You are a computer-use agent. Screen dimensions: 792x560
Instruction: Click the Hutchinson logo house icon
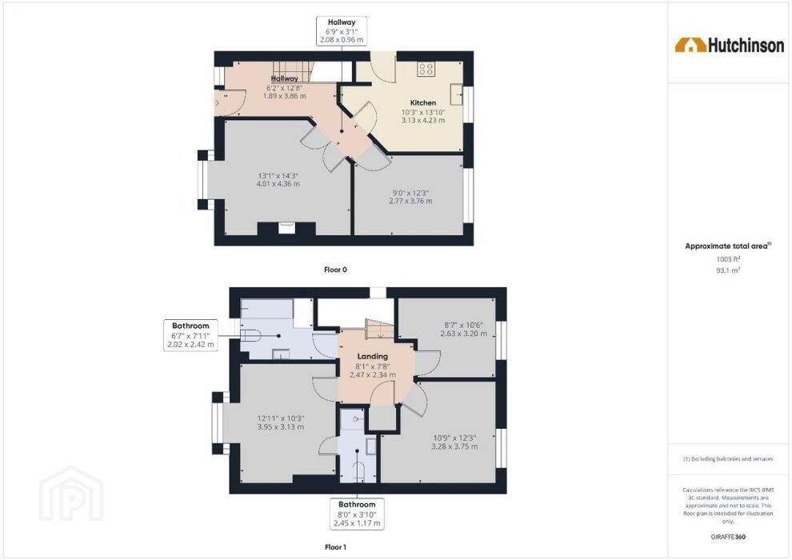pyautogui.click(x=690, y=45)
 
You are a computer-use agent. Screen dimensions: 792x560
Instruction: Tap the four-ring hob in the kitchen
pyautogui.click(x=426, y=69)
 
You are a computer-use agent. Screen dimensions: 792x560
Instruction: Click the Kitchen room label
pyautogui.click(x=422, y=102)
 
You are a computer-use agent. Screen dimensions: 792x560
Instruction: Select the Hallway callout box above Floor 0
pyautogui.click(x=342, y=31)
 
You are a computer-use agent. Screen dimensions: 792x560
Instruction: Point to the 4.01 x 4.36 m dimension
pyautogui.click(x=278, y=184)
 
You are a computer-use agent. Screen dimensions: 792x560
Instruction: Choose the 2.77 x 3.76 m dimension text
pyautogui.click(x=410, y=201)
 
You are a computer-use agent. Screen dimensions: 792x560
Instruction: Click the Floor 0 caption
pyautogui.click(x=335, y=270)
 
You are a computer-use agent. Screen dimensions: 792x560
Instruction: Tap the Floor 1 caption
pyautogui.click(x=335, y=547)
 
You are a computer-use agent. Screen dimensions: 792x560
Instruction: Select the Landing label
pyautogui.click(x=373, y=357)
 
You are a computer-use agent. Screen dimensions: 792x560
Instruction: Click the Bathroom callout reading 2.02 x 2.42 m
pyautogui.click(x=190, y=335)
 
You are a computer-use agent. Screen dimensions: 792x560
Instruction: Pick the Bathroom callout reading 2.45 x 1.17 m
pyautogui.click(x=357, y=514)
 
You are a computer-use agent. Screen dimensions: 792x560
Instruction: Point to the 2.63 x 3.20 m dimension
pyautogui.click(x=464, y=334)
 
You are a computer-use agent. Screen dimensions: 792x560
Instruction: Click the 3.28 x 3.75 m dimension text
pyautogui.click(x=454, y=447)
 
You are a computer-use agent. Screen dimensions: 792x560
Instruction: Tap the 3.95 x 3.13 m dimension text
pyautogui.click(x=280, y=427)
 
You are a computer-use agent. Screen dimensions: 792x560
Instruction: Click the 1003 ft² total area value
pyautogui.click(x=728, y=259)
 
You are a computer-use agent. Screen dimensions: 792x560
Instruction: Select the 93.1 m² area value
pyautogui.click(x=728, y=270)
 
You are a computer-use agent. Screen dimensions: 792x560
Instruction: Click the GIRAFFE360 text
pyautogui.click(x=728, y=537)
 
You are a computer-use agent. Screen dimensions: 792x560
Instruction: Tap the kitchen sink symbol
pyautogui.click(x=458, y=94)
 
